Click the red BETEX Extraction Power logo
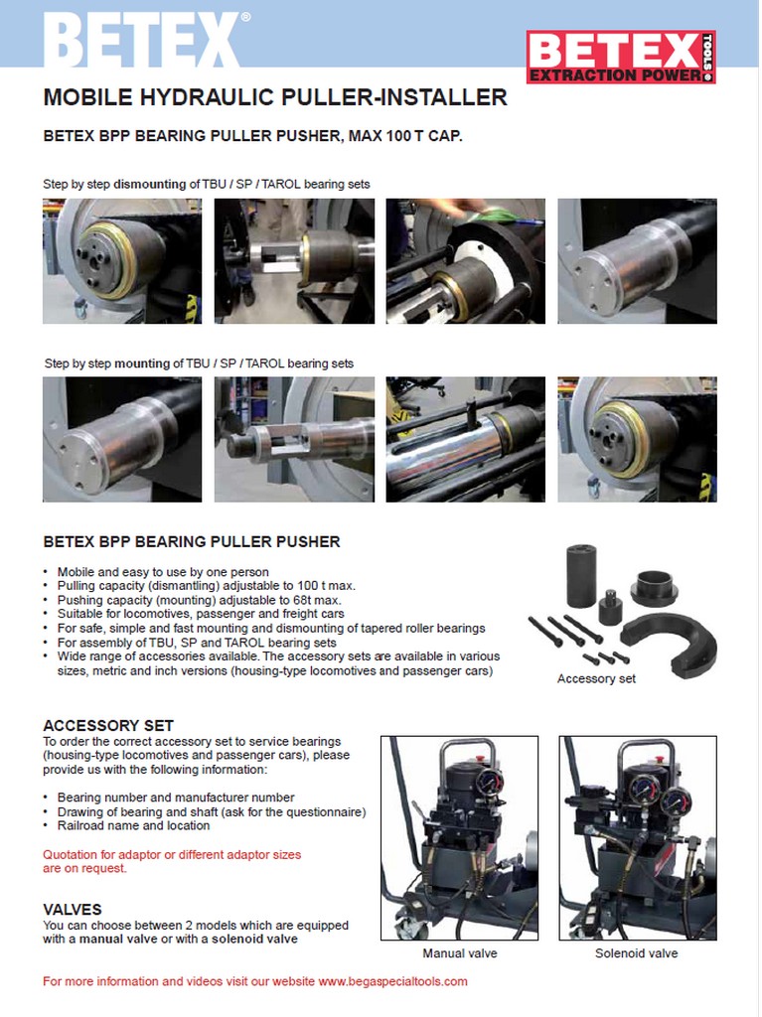[x=621, y=57]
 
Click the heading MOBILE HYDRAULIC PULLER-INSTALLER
[x=275, y=97]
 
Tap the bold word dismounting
[x=150, y=184]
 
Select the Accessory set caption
[x=596, y=679]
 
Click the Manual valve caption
[x=460, y=953]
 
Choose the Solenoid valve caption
[x=636, y=953]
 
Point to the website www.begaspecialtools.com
[x=392, y=981]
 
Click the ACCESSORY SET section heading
[x=108, y=725]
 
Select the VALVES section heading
[x=73, y=910]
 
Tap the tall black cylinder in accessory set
[x=581, y=575]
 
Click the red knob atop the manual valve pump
[x=480, y=758]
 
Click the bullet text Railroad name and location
[x=134, y=825]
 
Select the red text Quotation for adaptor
[x=172, y=861]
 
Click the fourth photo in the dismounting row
[x=638, y=261]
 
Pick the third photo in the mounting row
[x=465, y=440]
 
